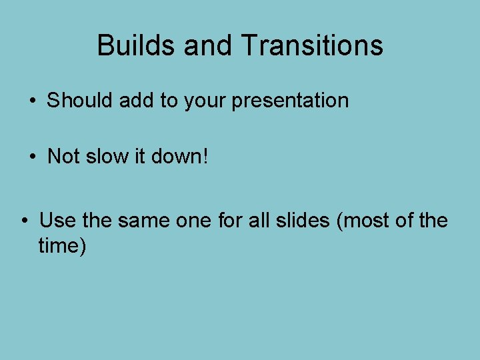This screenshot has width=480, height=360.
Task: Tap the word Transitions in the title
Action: coord(311,45)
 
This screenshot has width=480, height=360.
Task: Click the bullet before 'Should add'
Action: coord(32,101)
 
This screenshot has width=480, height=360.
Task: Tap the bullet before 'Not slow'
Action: coord(32,157)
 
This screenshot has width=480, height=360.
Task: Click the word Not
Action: coord(64,157)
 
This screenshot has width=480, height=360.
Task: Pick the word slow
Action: coord(106,157)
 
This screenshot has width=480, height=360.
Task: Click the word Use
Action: coord(56,221)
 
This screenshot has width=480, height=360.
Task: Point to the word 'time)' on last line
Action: coord(62,246)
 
